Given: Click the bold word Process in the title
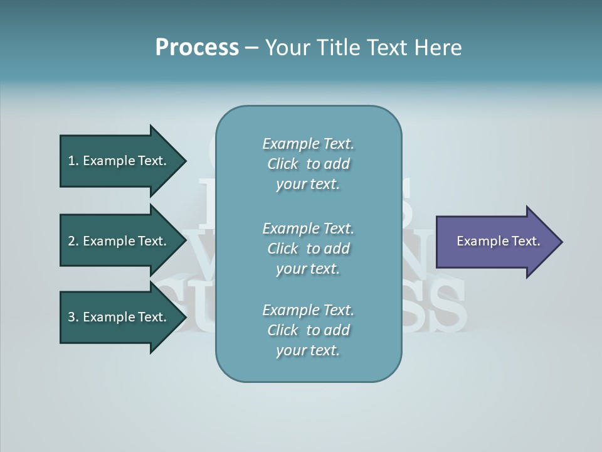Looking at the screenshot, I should click(197, 48).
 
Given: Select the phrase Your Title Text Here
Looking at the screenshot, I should click(363, 48).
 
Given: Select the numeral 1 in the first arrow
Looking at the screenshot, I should click(71, 161).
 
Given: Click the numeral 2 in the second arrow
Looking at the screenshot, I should click(71, 241).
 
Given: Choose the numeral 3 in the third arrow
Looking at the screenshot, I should click(71, 317).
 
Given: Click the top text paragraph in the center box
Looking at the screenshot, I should click(308, 164).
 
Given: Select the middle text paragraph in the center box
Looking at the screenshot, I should click(308, 249).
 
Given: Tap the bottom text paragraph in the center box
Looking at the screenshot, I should click(308, 330).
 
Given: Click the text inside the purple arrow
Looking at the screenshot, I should click(499, 241).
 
